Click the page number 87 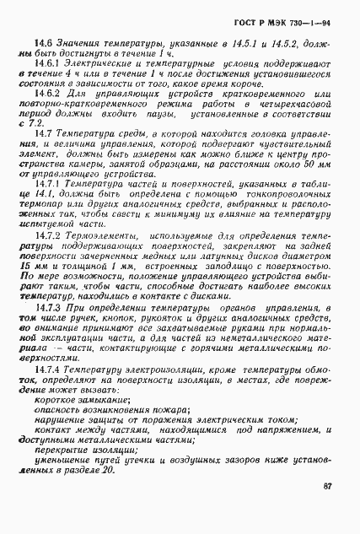tap(329, 486)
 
